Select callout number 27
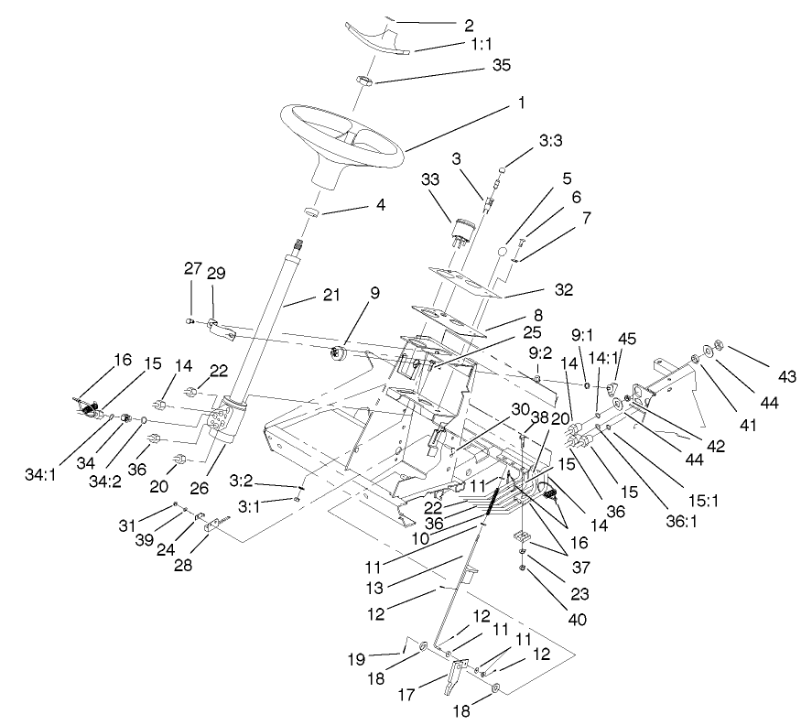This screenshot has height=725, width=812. point(192,269)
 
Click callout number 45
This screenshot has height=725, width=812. point(627,339)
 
